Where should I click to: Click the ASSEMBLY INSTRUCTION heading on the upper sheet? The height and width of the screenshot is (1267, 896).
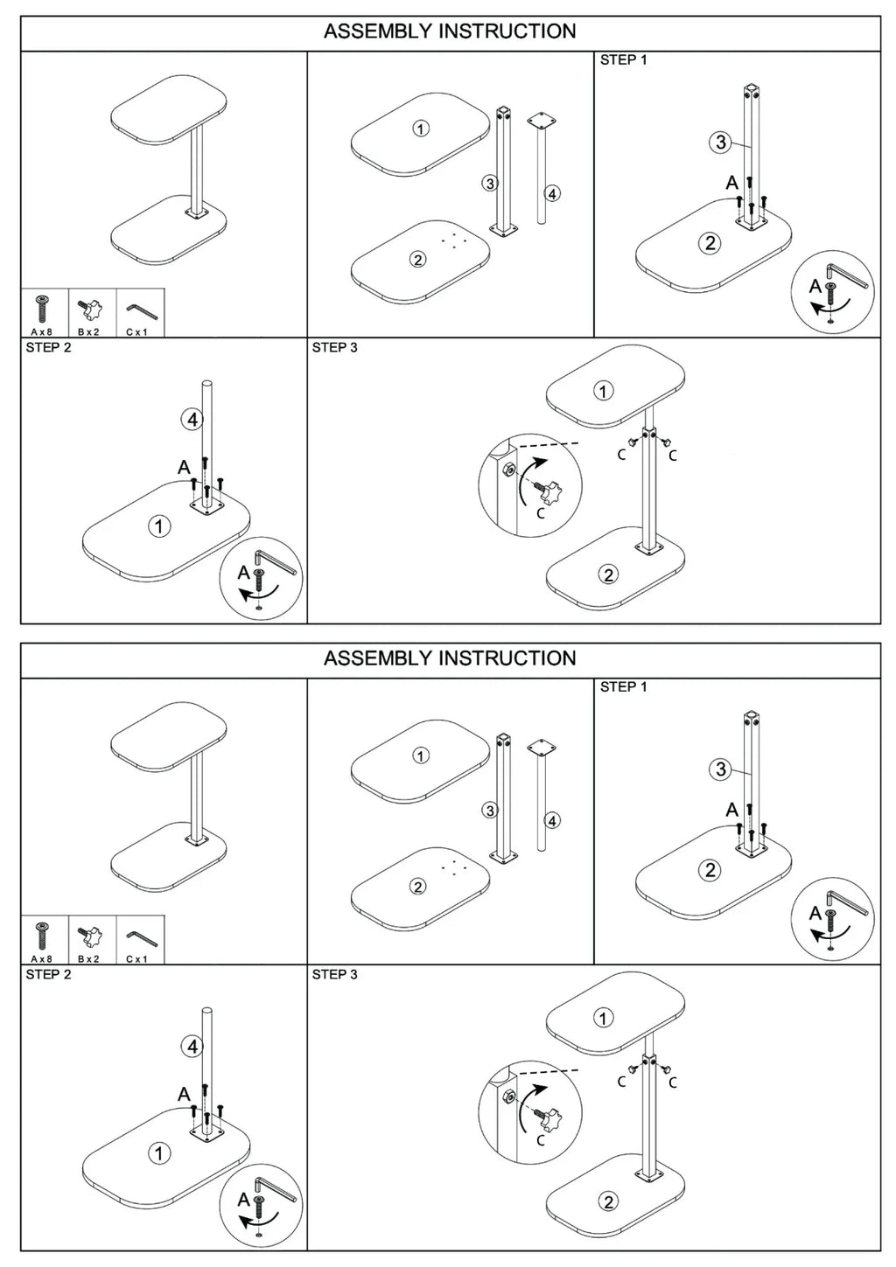[x=450, y=31]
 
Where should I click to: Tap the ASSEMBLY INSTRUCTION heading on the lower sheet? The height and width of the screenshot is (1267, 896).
[x=450, y=658]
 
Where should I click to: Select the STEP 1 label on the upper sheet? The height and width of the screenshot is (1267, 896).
[x=623, y=60]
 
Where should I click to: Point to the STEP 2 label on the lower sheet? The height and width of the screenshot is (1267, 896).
[x=49, y=974]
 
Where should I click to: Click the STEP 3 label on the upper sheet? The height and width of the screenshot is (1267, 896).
[x=335, y=347]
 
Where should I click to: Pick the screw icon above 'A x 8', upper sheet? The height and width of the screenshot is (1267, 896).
[x=41, y=309]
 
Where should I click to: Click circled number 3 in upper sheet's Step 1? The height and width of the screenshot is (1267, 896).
[x=720, y=142]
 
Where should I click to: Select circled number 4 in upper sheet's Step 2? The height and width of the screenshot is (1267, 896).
[x=192, y=419]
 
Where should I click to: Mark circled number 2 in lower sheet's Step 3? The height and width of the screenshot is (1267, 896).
[x=608, y=1201]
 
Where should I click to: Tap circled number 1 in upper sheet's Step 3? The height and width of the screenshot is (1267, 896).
[x=604, y=391]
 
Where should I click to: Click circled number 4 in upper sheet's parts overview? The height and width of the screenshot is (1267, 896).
[x=552, y=193]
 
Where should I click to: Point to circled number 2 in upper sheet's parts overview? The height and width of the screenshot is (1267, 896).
[x=418, y=260]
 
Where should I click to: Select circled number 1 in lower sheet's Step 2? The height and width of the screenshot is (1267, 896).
[x=159, y=1153]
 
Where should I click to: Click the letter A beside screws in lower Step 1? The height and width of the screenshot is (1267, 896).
[x=731, y=810]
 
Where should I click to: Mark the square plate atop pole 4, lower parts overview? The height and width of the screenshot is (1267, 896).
[x=542, y=747]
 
